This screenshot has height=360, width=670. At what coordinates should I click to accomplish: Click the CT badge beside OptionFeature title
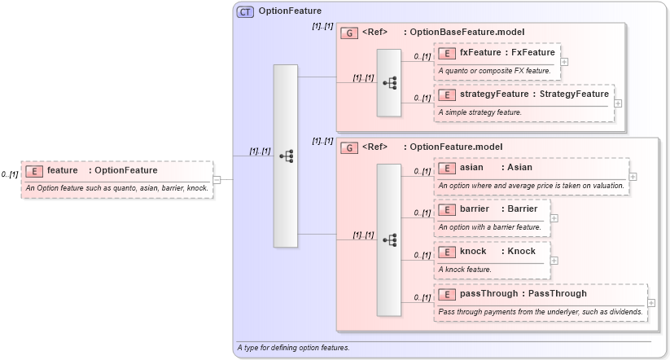[x=245, y=11]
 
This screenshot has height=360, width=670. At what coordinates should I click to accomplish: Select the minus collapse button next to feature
[x=217, y=179]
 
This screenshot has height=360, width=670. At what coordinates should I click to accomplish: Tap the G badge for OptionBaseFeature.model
[x=348, y=33]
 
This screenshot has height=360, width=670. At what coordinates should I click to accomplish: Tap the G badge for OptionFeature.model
[x=348, y=147]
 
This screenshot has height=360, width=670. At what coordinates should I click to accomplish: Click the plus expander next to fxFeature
[x=564, y=62]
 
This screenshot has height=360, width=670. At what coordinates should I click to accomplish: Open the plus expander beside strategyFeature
[x=618, y=103]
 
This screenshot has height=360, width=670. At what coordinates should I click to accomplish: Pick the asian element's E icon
[x=446, y=168]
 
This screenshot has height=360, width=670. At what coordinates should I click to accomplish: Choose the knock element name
[x=473, y=251]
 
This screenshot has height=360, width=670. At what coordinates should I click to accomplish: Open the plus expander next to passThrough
[x=650, y=302]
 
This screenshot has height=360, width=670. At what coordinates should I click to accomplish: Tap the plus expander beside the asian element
[x=633, y=177]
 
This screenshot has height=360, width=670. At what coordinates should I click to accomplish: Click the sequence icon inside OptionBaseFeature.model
[x=389, y=82]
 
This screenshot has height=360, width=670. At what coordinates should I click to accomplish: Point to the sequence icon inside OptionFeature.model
[x=389, y=239]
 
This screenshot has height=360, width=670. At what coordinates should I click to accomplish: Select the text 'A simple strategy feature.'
[x=480, y=112]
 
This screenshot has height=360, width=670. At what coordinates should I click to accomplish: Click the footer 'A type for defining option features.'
[x=293, y=349]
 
